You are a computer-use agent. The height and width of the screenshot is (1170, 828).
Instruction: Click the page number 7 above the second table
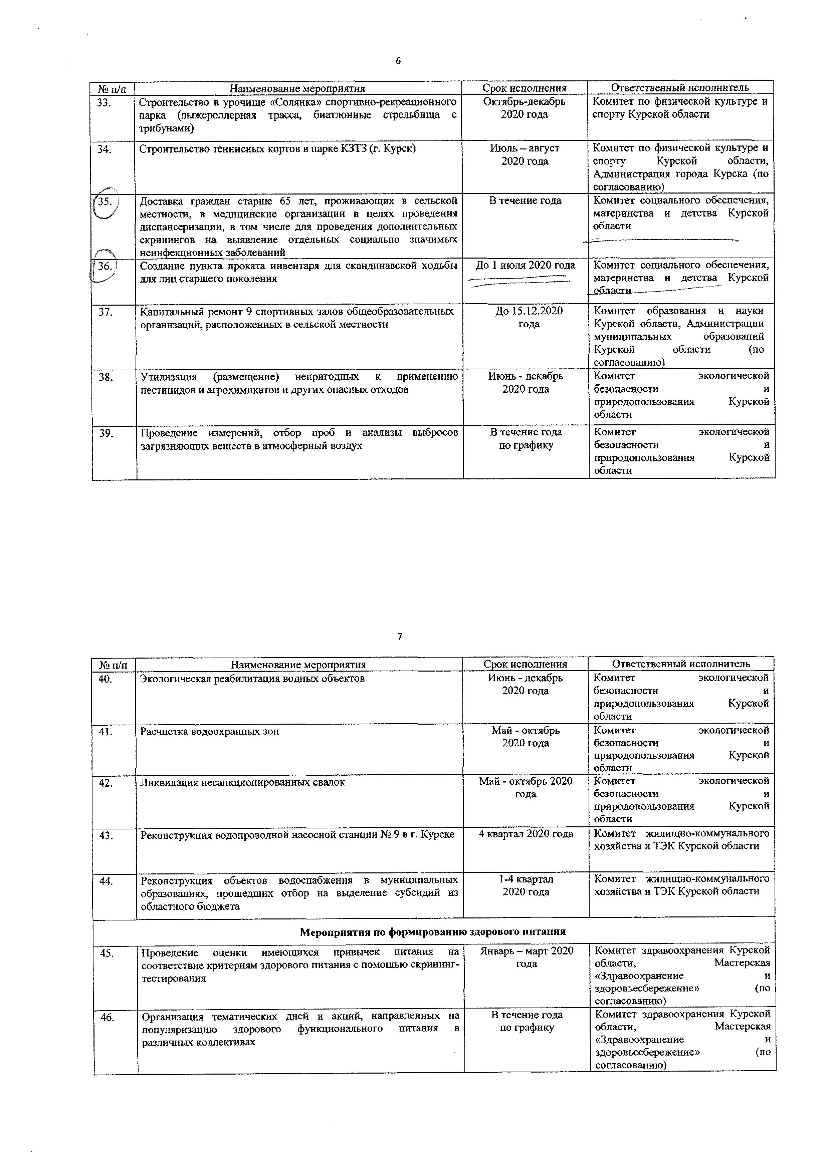(x=400, y=637)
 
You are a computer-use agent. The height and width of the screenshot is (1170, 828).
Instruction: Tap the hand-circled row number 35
(x=105, y=201)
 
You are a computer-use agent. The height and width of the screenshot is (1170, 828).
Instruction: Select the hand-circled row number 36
(x=105, y=266)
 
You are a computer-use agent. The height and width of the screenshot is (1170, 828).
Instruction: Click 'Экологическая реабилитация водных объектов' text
(x=252, y=678)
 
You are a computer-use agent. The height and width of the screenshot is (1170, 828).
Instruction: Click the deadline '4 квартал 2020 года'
(x=526, y=834)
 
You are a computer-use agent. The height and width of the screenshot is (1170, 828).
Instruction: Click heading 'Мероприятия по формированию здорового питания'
(x=433, y=931)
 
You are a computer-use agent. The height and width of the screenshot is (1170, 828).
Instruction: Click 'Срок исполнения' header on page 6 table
(x=524, y=88)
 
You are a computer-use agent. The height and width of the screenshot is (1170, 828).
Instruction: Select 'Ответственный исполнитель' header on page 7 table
(x=681, y=664)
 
